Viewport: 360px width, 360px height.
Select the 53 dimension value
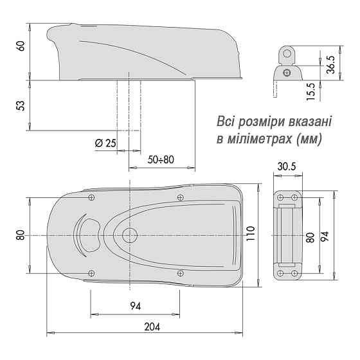pyautogui.click(x=20, y=105)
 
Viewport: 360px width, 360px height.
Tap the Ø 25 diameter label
pyautogui.click(x=105, y=143)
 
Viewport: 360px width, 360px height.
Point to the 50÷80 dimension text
pyautogui.click(x=161, y=159)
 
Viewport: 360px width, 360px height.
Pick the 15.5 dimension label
pyautogui.click(x=311, y=92)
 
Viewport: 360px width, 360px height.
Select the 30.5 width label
pyautogui.click(x=287, y=166)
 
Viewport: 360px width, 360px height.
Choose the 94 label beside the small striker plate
pyautogui.click(x=325, y=236)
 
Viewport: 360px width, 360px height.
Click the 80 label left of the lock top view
pyautogui.click(x=20, y=235)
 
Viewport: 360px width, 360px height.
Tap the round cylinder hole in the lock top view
pyautogui.click(x=130, y=235)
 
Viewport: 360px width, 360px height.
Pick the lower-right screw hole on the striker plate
pyautogui.click(x=295, y=273)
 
